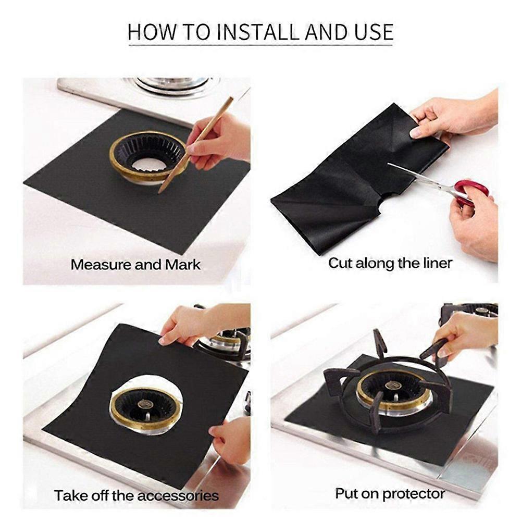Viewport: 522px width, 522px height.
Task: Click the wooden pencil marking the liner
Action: (x=195, y=146)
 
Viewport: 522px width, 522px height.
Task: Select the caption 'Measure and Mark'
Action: (x=135, y=265)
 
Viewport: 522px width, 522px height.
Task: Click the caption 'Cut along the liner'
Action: (x=390, y=263)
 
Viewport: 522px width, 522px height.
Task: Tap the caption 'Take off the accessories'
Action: (x=136, y=494)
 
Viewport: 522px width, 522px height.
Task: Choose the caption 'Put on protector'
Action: (x=390, y=493)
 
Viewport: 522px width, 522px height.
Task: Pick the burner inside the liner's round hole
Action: (x=146, y=409)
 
